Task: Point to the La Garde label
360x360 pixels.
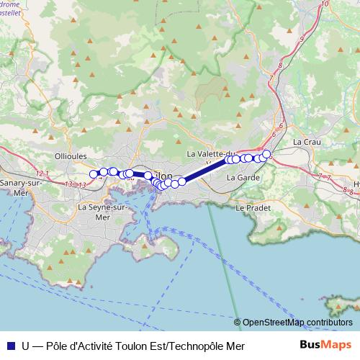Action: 242,177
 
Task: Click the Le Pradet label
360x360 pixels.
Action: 251,207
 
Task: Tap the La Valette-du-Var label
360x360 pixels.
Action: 210,154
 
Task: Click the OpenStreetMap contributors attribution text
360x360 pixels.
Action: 297,323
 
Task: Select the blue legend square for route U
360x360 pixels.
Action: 9,346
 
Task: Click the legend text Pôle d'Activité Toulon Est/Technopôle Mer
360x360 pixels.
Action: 145,346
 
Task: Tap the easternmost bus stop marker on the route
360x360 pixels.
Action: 266,153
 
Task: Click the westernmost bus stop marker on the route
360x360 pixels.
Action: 93,174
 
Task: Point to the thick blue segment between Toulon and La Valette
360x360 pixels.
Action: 205,170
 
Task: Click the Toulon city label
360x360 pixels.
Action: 164,175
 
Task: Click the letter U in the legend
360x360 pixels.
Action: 26,346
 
